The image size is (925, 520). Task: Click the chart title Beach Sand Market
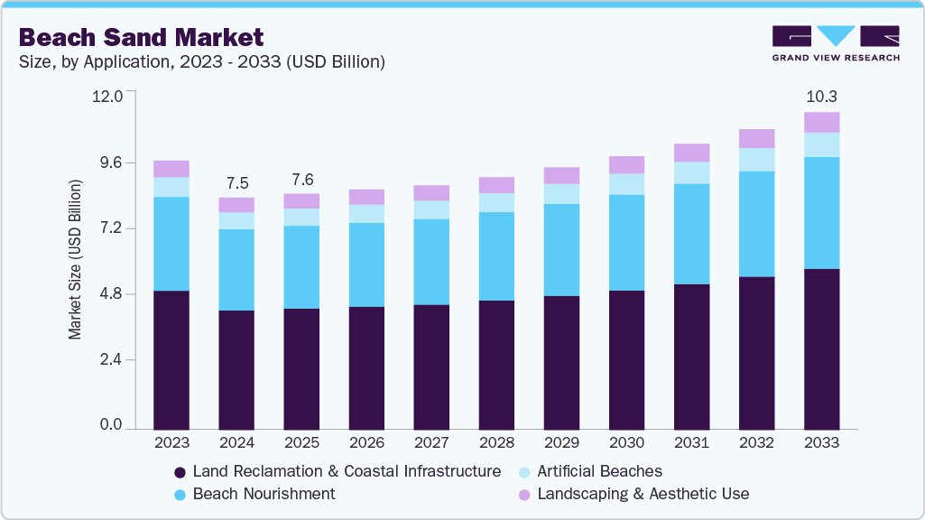(x=141, y=37)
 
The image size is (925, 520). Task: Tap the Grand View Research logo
(x=835, y=42)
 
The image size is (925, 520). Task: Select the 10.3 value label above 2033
(x=821, y=96)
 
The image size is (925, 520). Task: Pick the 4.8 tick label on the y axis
(x=112, y=294)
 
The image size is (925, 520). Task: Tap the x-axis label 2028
(x=496, y=443)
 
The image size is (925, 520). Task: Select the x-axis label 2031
(x=691, y=443)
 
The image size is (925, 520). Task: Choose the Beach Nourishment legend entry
(x=264, y=494)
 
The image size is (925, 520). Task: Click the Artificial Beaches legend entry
(x=599, y=471)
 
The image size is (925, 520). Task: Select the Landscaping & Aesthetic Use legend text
(x=643, y=494)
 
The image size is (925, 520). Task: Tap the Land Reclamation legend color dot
(x=180, y=472)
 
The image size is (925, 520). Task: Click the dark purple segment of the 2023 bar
(x=171, y=359)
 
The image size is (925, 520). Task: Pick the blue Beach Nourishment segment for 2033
(x=821, y=213)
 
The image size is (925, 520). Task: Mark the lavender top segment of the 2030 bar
(x=626, y=164)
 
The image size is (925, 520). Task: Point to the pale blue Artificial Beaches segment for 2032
(x=756, y=159)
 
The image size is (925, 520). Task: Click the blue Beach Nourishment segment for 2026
(x=366, y=265)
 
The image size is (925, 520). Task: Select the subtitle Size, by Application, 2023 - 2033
(x=202, y=62)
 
